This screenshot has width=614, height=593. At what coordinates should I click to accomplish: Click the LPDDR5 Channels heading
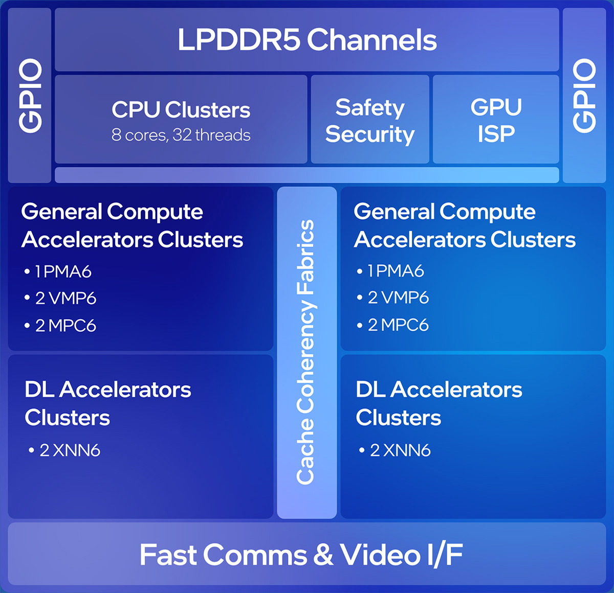pos(307,40)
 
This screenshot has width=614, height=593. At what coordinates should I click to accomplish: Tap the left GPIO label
pos(30,96)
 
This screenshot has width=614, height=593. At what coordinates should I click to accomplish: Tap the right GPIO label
pos(584,96)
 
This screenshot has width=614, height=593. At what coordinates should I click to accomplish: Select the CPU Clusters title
pos(181,109)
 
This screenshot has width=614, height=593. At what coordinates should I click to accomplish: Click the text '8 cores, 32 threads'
pos(181,135)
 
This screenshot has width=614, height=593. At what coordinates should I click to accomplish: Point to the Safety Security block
pos(370,121)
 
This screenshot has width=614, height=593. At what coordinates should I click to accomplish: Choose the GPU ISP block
pos(496,121)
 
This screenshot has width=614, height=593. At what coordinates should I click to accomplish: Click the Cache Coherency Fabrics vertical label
pos(306,352)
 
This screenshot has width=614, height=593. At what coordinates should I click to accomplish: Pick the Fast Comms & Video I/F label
pos(301,555)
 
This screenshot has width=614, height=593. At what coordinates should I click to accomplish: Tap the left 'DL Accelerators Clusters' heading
pos(107,403)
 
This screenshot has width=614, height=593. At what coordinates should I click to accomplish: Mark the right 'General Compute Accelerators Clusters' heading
pos(464,225)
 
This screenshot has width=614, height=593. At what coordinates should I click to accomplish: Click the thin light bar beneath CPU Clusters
pos(307,175)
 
